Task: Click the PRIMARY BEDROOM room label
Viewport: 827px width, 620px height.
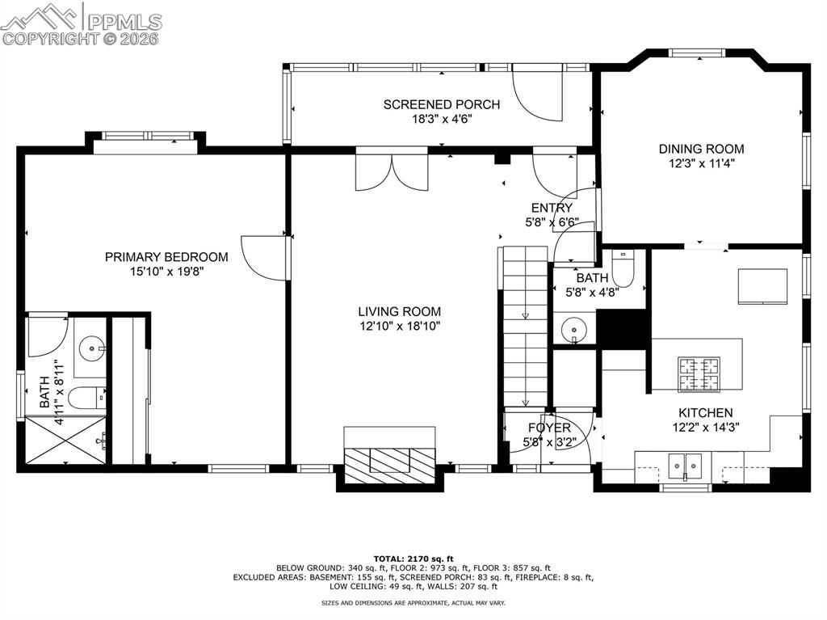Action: tap(166, 257)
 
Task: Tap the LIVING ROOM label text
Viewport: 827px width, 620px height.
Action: tap(400, 311)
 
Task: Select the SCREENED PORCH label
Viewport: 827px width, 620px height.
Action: tap(441, 104)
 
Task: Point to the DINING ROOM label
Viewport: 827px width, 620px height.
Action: tap(701, 149)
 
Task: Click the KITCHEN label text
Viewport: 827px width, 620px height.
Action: tap(705, 412)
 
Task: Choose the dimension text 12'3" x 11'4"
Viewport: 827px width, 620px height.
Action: tap(701, 162)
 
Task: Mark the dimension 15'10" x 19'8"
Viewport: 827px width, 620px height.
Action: tap(166, 272)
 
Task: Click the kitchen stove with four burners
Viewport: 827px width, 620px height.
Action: tap(698, 373)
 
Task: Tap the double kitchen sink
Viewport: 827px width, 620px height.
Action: tap(684, 465)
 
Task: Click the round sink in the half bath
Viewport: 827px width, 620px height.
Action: tap(574, 330)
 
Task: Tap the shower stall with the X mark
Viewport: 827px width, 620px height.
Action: tap(65, 441)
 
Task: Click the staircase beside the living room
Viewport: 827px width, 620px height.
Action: tap(525, 327)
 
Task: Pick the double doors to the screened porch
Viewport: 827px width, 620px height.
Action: tap(392, 170)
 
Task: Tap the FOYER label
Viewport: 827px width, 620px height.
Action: tap(549, 428)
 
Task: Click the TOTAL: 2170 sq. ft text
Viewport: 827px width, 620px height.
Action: tap(413, 559)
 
